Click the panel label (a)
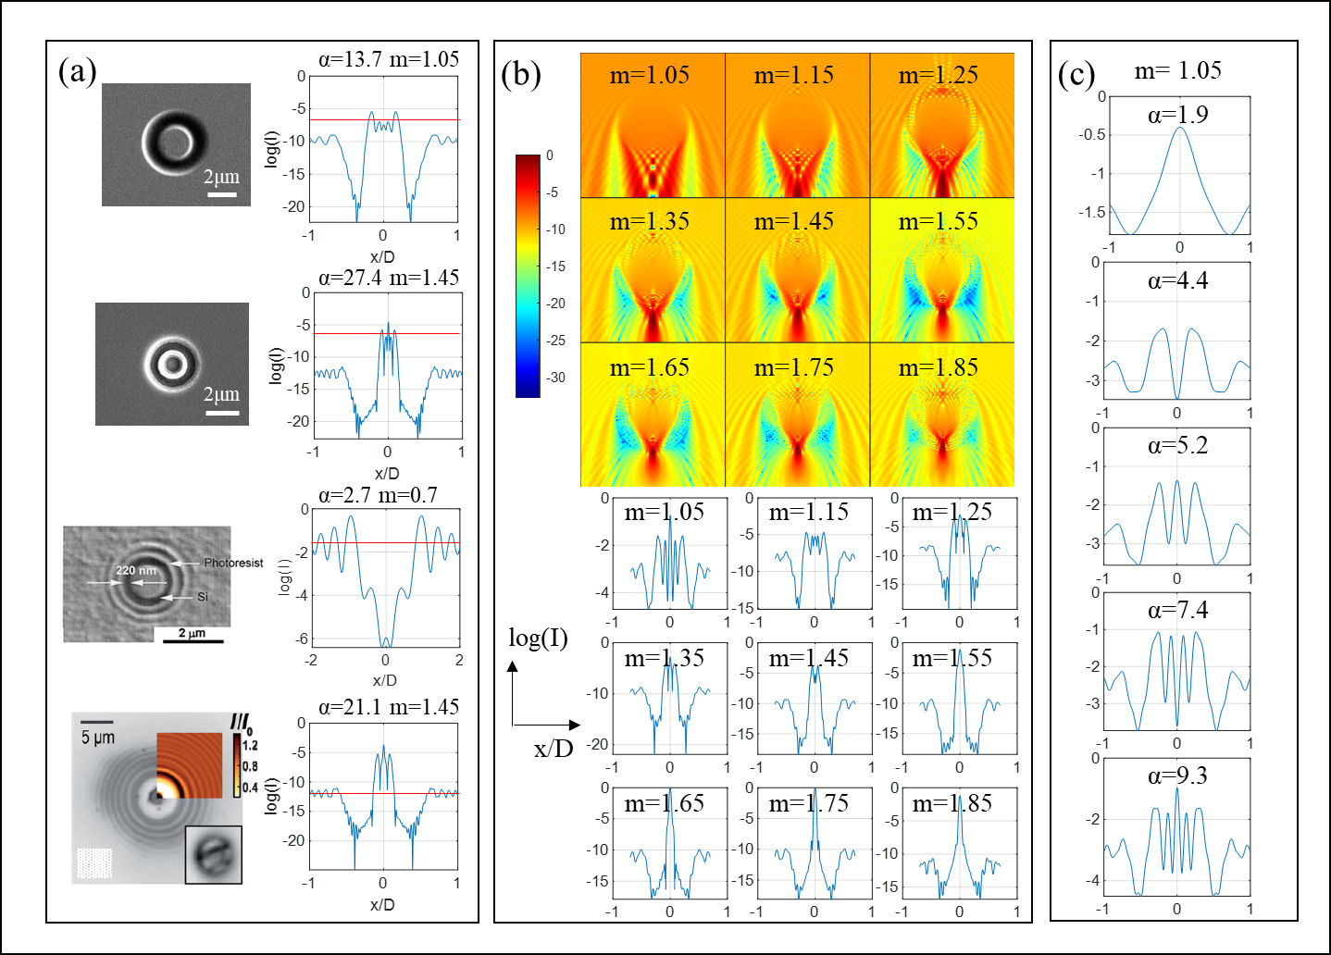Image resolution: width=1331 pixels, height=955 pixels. point(78,71)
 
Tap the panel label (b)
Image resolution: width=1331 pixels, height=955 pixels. point(520,73)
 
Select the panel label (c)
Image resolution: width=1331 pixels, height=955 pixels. point(1076,73)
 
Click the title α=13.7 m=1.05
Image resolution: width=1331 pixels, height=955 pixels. point(389,59)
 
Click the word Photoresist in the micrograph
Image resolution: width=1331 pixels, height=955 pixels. point(233,563)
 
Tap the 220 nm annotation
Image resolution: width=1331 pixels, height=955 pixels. point(136,570)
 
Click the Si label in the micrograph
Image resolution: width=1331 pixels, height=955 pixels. point(203,597)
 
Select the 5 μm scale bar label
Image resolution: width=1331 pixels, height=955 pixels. point(97,738)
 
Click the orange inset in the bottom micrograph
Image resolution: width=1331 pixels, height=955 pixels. point(190,764)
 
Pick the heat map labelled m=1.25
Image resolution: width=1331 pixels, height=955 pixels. point(942,125)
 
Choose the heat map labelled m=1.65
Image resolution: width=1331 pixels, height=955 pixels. point(653,415)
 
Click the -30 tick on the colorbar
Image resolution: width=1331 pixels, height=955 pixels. point(555,378)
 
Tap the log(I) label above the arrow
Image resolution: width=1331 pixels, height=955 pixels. point(538,638)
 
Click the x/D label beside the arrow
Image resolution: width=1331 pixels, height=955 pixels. point(554,748)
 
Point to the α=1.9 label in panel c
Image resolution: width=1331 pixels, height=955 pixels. point(1177,115)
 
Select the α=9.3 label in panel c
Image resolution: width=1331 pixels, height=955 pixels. point(1177,775)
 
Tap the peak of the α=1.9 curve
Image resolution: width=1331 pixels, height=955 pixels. point(1179,128)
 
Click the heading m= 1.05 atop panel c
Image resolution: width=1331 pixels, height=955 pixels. point(1177,70)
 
